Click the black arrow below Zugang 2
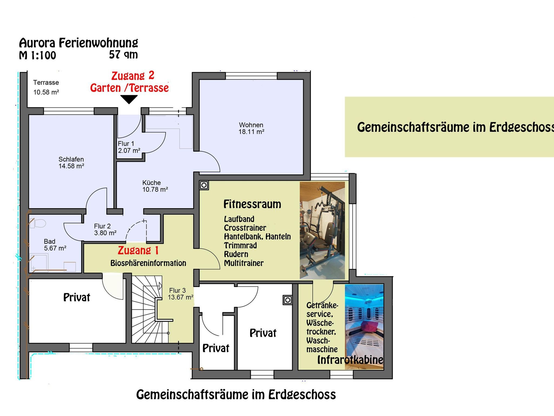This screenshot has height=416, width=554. (129, 100)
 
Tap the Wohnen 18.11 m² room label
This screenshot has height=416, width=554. (251, 128)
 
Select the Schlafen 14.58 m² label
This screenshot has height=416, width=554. (71, 163)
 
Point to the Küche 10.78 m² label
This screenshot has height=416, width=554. (155, 186)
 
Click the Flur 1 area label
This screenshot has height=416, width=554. (129, 147)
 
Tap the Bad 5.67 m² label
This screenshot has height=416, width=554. (55, 245)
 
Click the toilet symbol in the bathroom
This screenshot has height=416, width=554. (38, 223)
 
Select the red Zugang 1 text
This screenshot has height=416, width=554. (138, 250)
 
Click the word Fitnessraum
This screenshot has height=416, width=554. (252, 204)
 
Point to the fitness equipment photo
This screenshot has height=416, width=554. (322, 230)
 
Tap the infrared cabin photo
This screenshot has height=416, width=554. (364, 326)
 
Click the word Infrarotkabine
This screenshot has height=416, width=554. (350, 360)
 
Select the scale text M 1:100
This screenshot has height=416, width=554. (37, 55)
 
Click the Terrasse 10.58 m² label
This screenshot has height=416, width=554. (46, 87)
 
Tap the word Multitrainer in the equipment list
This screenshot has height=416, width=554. (244, 263)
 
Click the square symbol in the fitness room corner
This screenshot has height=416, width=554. (204, 185)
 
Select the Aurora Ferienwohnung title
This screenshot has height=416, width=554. (78, 43)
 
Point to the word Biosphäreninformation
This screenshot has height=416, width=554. (148, 263)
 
